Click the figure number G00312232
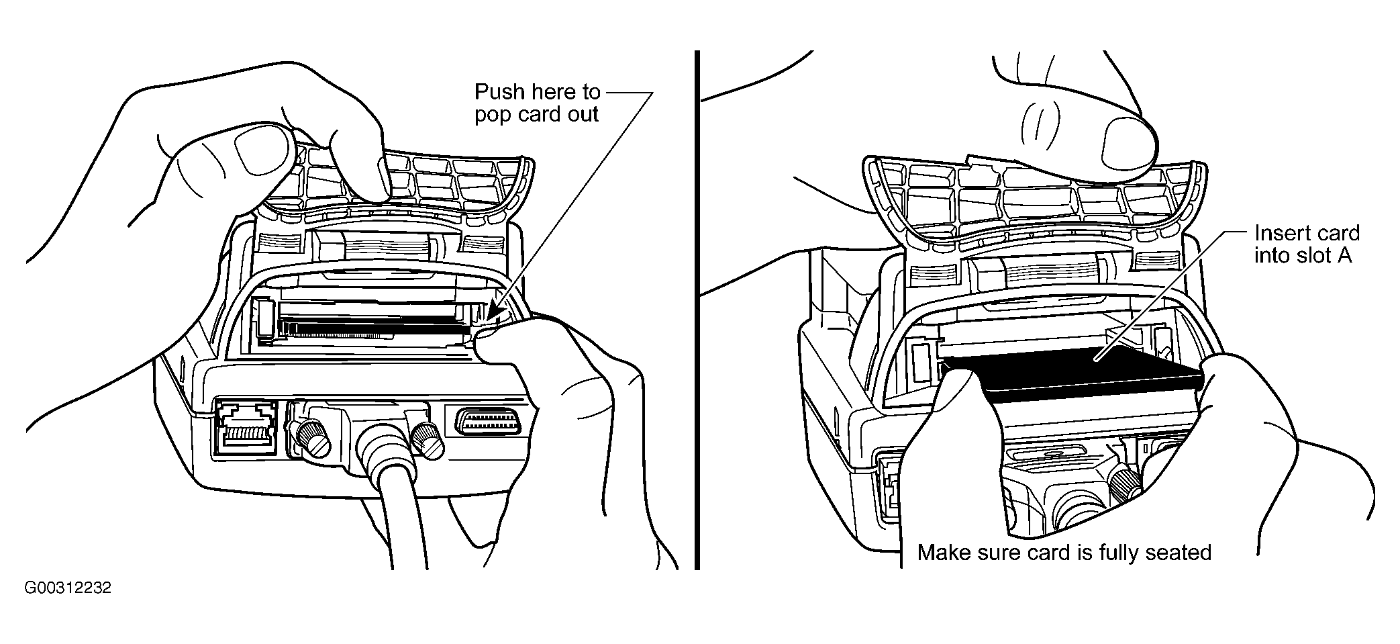pyautogui.click(x=68, y=589)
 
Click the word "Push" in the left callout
pyautogui.click(x=499, y=91)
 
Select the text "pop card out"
pyautogui.click(x=536, y=114)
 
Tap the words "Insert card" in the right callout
pyautogui.click(x=1307, y=234)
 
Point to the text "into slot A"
pyautogui.click(x=1303, y=256)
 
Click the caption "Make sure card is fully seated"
pyautogui.click(x=1064, y=553)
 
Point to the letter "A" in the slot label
pyautogui.click(x=1344, y=256)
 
